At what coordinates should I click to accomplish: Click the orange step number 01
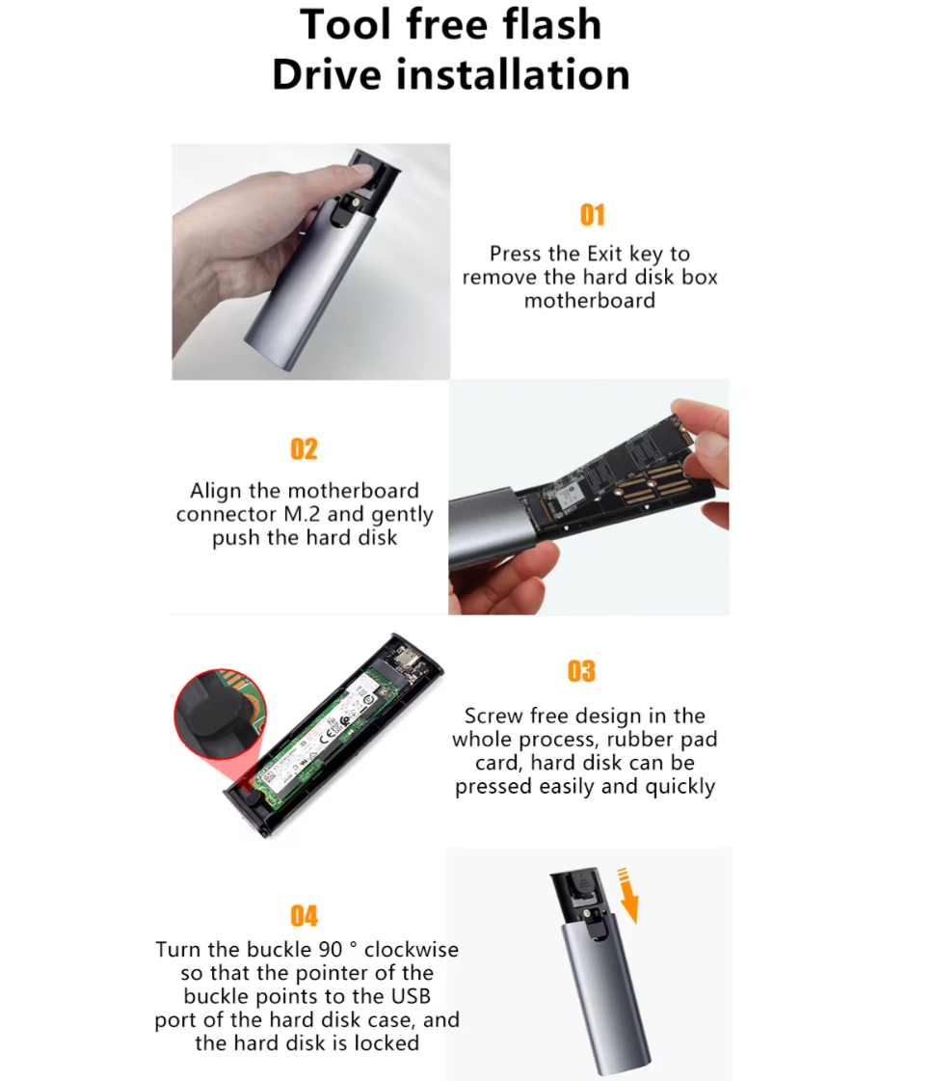click(x=593, y=215)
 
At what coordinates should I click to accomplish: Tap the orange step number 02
click(x=304, y=449)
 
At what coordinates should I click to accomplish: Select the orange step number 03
click(x=581, y=671)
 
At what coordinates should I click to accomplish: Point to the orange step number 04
click(x=304, y=916)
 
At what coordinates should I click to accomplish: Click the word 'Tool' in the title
click(x=346, y=24)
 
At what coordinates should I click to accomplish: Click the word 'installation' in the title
click(x=513, y=74)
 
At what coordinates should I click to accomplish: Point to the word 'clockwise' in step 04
click(x=412, y=949)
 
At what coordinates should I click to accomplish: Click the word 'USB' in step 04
click(x=412, y=996)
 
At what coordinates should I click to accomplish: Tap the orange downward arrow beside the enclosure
click(x=627, y=896)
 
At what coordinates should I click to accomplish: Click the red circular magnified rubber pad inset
click(x=221, y=715)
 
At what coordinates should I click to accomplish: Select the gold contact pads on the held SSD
click(x=654, y=479)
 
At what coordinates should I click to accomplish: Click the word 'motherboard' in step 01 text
click(x=590, y=301)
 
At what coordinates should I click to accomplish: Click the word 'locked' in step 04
click(x=386, y=1043)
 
